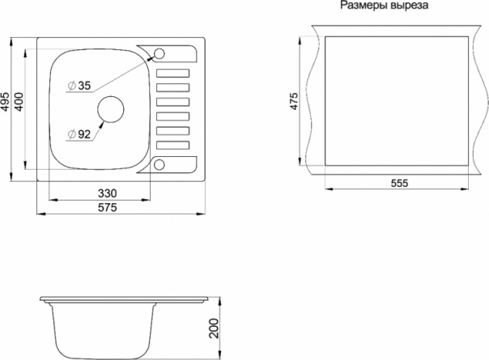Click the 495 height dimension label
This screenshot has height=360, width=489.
pyautogui.click(x=6, y=101)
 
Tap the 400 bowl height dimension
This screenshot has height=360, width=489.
pyautogui.click(x=18, y=102)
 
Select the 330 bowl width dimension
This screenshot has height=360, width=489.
pyautogui.click(x=108, y=193)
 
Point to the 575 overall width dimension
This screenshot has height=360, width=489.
pyautogui.click(x=108, y=207)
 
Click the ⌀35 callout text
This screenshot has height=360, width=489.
pyautogui.click(x=80, y=86)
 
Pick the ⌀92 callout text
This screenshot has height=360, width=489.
pyautogui.click(x=79, y=134)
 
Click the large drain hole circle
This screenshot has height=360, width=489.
pyautogui.click(x=111, y=109)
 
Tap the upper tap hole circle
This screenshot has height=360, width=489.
pyautogui.click(x=159, y=53)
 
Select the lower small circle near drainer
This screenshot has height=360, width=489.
pyautogui.click(x=159, y=164)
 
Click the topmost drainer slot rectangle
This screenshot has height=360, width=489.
pyautogui.click(x=172, y=74)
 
